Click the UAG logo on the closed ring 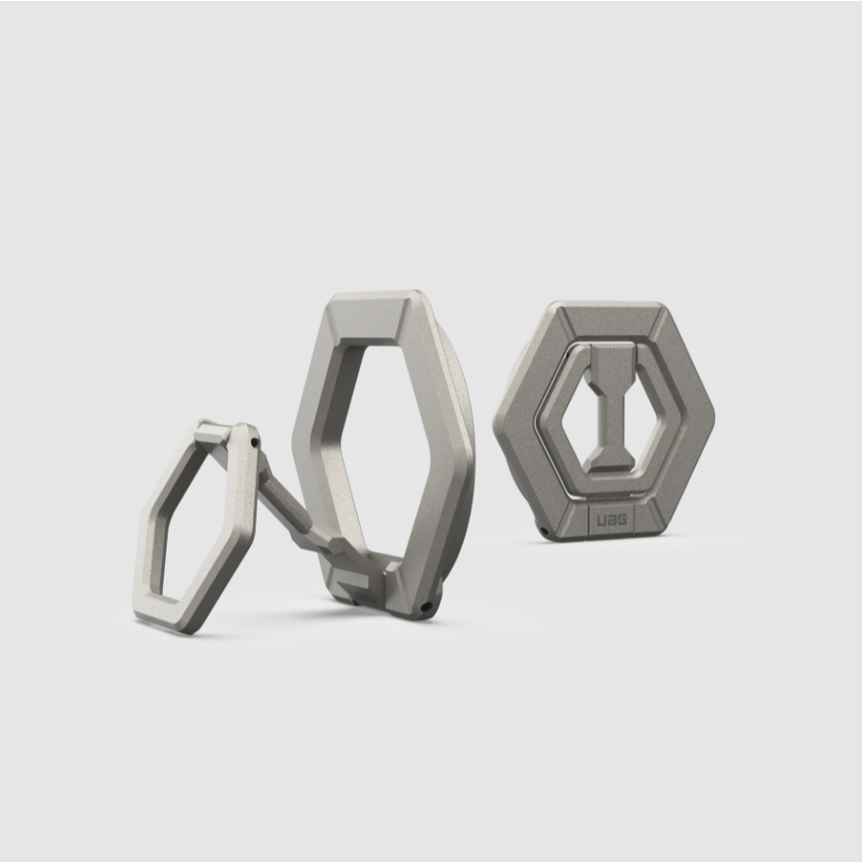point(612,519)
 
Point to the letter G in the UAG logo point(621,519)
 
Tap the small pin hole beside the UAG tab point(543,530)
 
